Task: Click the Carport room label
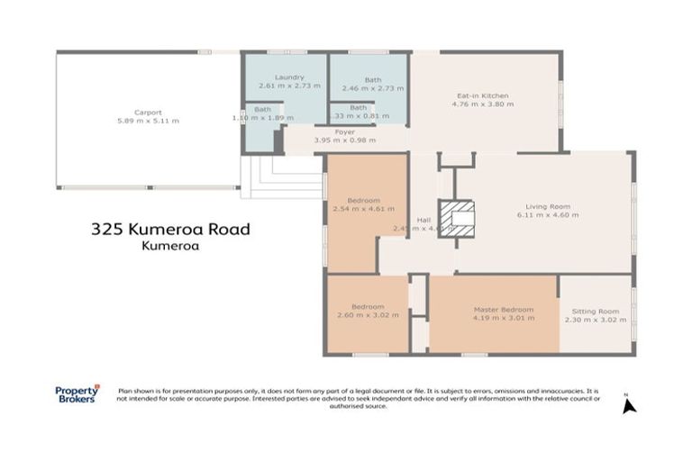(x=148, y=113)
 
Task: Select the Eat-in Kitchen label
(x=483, y=95)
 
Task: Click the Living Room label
(x=547, y=207)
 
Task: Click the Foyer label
(x=344, y=131)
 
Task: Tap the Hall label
(x=423, y=220)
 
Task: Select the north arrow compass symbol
(x=629, y=404)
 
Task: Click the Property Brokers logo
(x=77, y=394)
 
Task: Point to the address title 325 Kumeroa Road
(x=170, y=229)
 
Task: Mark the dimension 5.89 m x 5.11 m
(x=148, y=121)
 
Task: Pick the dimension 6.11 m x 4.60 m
(x=547, y=216)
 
